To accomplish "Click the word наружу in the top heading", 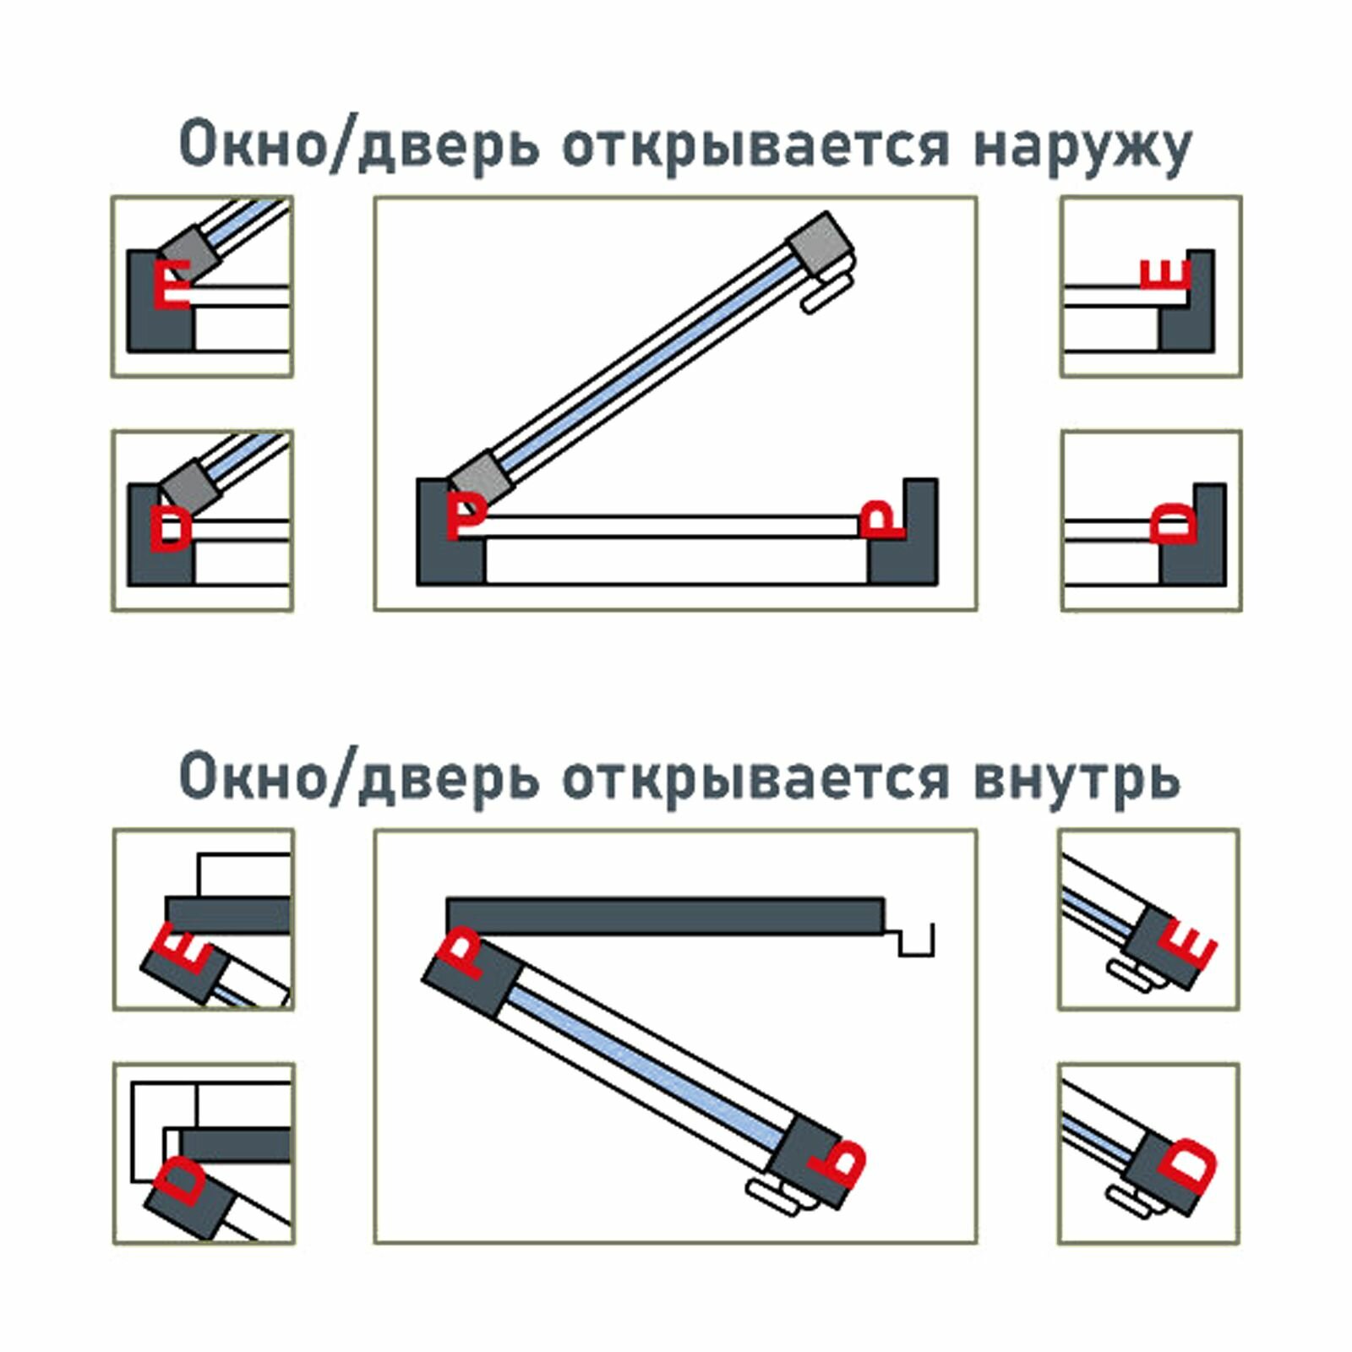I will coord(1082,148).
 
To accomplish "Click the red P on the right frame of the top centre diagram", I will coord(880,520).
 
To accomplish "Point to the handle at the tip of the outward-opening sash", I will coord(826,292).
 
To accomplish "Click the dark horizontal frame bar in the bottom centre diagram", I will coord(665,916).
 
